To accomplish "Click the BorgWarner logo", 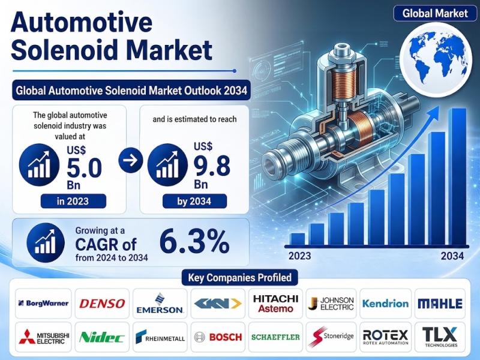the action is pyautogui.click(x=43, y=304).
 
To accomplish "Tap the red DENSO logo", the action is pyautogui.click(x=102, y=304).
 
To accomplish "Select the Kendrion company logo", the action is pyautogui.click(x=385, y=304).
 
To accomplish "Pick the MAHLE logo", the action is pyautogui.click(x=440, y=304).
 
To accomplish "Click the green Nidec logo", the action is pyautogui.click(x=101, y=337).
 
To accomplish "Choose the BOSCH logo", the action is pyautogui.click(x=218, y=337).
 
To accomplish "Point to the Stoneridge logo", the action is pyautogui.click(x=331, y=337).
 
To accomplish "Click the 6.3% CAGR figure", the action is pyautogui.click(x=194, y=242).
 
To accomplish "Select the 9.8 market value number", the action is pyautogui.click(x=212, y=166).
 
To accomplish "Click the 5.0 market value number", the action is pyautogui.click(x=84, y=168).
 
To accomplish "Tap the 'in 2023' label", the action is pyautogui.click(x=73, y=201).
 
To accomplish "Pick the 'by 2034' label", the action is pyautogui.click(x=194, y=201).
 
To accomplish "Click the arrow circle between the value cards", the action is pyautogui.click(x=131, y=160).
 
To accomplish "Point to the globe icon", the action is pyautogui.click(x=436, y=58).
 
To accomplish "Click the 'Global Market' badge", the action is pyautogui.click(x=435, y=13).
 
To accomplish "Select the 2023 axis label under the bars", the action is pyautogui.click(x=299, y=256).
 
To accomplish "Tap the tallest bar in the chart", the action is pyautogui.click(x=457, y=176).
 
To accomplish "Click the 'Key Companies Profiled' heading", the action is pyautogui.click(x=239, y=278).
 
